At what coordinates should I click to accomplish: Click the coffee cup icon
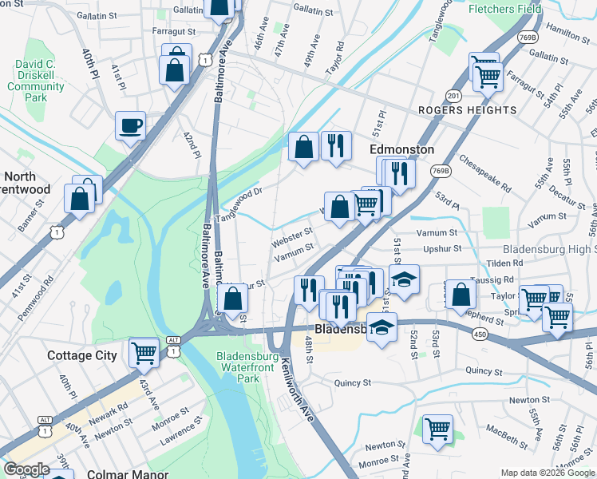click(x=130, y=125)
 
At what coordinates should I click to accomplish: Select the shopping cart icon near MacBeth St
click(x=437, y=429)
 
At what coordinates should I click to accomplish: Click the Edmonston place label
click(x=401, y=149)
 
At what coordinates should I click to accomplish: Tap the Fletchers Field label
click(x=504, y=9)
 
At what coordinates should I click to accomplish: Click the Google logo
click(x=26, y=469)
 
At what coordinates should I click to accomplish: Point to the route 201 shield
click(x=454, y=96)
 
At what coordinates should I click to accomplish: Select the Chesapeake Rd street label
click(x=485, y=172)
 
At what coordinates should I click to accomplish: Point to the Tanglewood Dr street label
click(x=241, y=200)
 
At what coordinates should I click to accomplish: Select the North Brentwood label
click(x=25, y=183)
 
